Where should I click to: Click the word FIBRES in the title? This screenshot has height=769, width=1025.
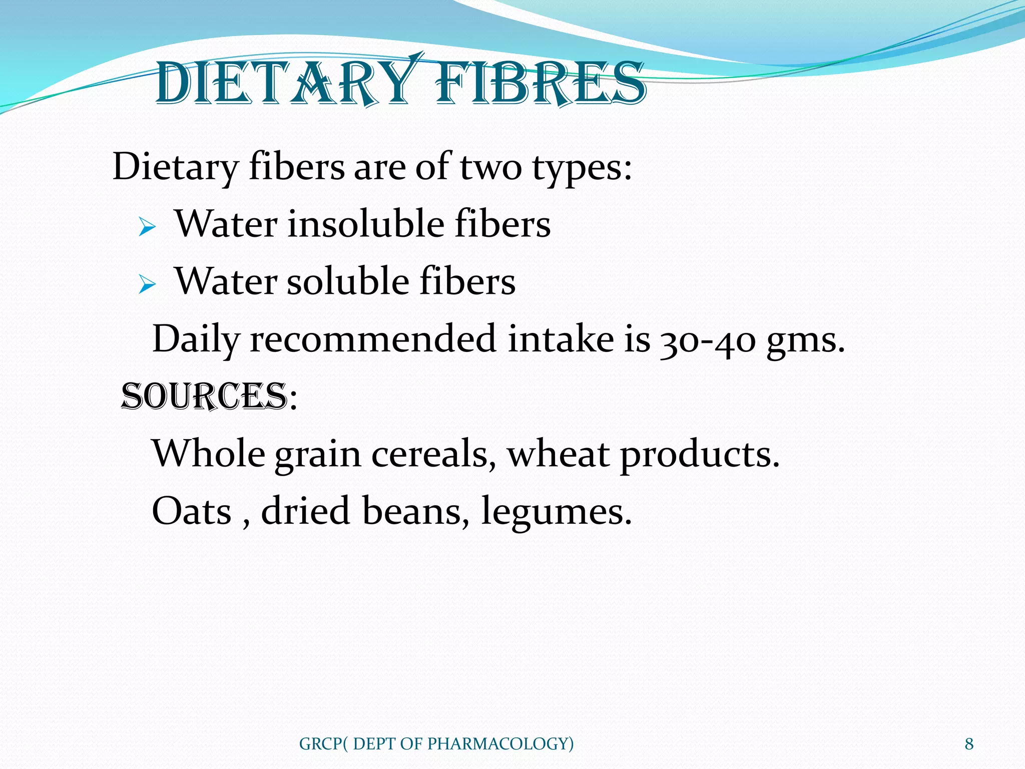coord(541,83)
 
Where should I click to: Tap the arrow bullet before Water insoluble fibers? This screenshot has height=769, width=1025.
coord(147,228)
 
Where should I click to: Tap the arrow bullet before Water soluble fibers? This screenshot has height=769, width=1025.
coord(147,285)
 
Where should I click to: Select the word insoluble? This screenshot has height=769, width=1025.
coord(366,224)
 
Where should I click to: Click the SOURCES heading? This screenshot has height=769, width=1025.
coord(204,397)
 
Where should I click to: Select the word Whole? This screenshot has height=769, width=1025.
coord(209,454)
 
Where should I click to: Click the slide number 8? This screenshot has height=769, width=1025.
coord(969,744)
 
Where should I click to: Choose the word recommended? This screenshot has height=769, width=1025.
coord(373,339)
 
